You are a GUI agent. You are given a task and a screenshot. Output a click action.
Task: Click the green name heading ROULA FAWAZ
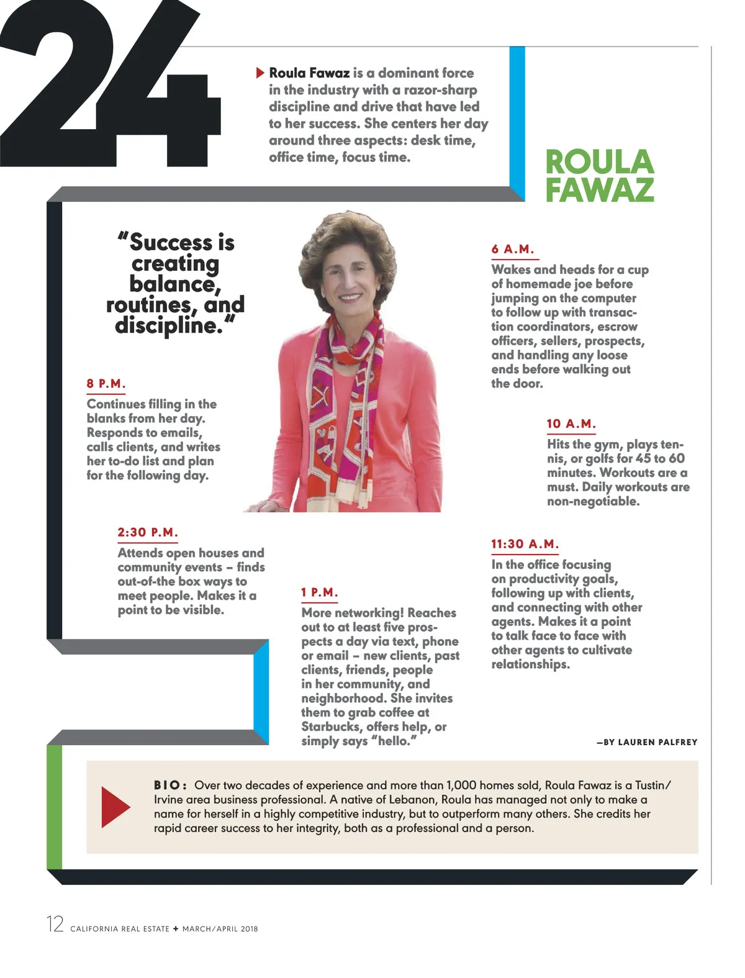600,176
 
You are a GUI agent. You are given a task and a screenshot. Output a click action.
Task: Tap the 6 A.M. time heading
513,250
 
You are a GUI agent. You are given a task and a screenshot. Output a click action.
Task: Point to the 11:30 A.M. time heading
525,545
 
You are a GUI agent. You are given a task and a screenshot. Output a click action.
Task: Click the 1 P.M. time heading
319,593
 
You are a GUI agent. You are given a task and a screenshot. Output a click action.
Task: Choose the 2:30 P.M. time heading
148,533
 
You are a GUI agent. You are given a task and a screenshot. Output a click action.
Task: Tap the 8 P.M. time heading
106,384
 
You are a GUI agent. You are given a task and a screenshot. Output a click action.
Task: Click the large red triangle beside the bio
115,807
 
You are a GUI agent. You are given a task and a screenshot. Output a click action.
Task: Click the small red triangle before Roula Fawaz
260,73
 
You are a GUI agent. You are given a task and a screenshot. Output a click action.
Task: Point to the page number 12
55,924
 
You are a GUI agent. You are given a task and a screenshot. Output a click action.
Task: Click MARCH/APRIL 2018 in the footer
220,929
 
